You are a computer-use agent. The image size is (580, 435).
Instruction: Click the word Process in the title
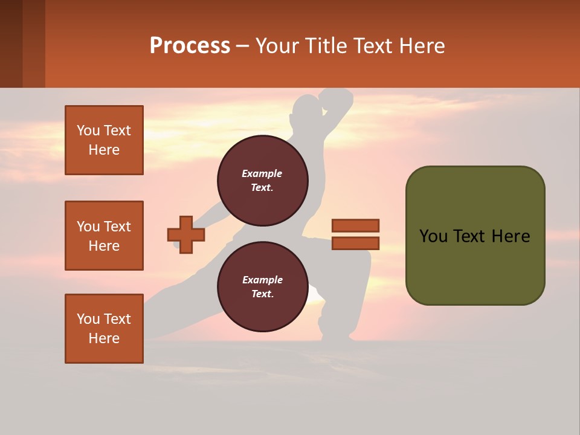tap(190, 46)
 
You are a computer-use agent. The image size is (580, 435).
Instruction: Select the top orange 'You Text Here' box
tap(104, 140)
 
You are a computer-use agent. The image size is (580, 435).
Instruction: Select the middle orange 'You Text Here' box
tap(104, 236)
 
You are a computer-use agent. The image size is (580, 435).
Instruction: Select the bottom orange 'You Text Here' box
tap(104, 329)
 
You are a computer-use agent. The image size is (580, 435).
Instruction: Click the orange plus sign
tap(186, 234)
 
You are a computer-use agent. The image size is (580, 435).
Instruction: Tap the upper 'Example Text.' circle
tap(262, 180)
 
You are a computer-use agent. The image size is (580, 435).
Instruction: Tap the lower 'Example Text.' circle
tap(262, 286)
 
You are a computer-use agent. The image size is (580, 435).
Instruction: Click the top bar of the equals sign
tap(355, 226)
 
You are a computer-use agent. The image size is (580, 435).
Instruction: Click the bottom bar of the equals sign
tap(355, 243)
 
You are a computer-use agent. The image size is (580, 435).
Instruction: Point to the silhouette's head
tap(304, 112)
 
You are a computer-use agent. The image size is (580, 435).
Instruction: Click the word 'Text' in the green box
tap(474, 236)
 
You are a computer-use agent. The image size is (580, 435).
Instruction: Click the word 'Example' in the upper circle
tap(262, 173)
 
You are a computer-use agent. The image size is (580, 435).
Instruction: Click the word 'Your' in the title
tap(277, 46)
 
